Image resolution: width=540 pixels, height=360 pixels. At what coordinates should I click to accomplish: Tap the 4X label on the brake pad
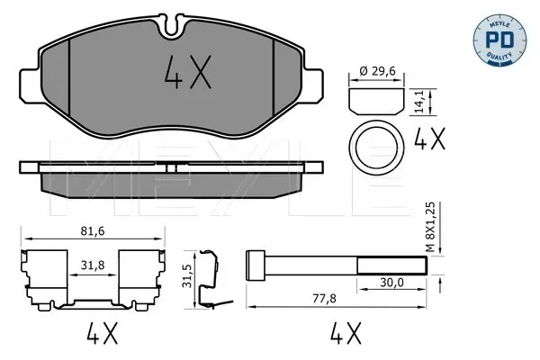point(188,72)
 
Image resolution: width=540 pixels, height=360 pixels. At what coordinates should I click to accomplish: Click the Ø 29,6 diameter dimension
point(377,71)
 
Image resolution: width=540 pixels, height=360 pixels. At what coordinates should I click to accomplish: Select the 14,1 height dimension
point(418,102)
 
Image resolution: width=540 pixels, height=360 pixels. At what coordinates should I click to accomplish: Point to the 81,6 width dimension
point(93,231)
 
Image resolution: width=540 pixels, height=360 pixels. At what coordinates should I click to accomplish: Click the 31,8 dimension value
point(93,265)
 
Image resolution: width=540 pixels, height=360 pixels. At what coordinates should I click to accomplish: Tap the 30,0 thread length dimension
point(391,283)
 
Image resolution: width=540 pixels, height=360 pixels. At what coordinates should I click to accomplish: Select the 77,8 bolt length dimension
point(324,298)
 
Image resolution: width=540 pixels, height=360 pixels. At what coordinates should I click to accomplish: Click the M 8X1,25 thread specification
point(430,227)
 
